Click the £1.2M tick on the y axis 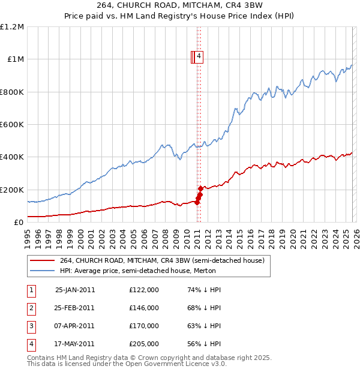[12, 27]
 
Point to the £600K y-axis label [12, 125]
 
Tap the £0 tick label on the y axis [19, 222]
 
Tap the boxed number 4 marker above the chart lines [199, 57]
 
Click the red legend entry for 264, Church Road [166, 260]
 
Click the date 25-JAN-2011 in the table [75, 290]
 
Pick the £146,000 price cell [144, 308]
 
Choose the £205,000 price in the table [144, 344]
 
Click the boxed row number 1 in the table [31, 290]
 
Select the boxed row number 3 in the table [31, 326]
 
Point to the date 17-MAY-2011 [75, 344]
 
